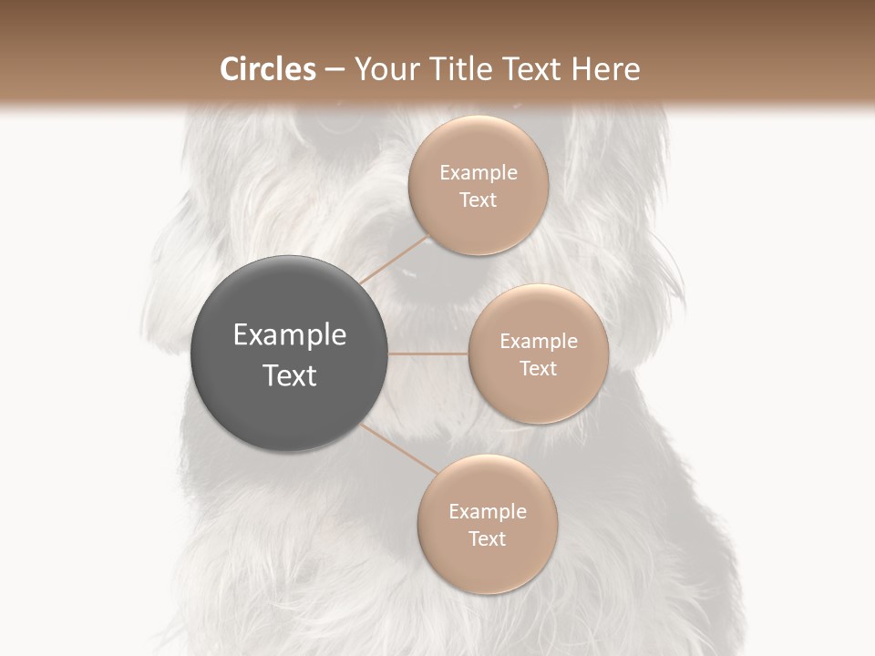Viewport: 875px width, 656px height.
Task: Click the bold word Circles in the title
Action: pyautogui.click(x=268, y=69)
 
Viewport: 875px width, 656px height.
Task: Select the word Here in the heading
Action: pyautogui.click(x=606, y=69)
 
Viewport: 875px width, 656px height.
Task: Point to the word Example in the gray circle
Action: pyautogui.click(x=290, y=335)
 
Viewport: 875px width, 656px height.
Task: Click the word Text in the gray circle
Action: pyautogui.click(x=290, y=375)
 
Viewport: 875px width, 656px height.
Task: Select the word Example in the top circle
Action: pyautogui.click(x=479, y=173)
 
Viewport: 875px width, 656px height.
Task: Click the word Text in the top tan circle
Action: pyautogui.click(x=479, y=200)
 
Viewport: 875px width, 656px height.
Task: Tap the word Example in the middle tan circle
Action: pyautogui.click(x=538, y=342)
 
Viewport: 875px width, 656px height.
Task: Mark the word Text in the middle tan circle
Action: pyautogui.click(x=538, y=368)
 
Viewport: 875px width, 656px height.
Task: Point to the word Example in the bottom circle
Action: pyautogui.click(x=487, y=512)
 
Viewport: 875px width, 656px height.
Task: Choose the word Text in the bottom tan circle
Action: pyautogui.click(x=487, y=538)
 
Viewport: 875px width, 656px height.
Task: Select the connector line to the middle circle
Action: pyautogui.click(x=428, y=354)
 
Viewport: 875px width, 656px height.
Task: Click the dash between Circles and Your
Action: pyautogui.click(x=335, y=70)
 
